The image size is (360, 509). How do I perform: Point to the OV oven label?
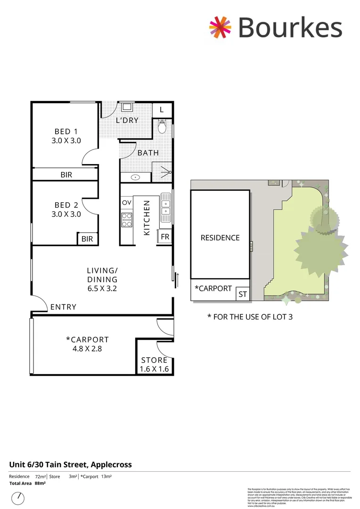pyautogui.click(x=127, y=203)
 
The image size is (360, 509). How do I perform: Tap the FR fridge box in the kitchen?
pyautogui.click(x=165, y=237)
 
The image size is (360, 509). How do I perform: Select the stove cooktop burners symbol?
pyautogui.click(x=127, y=220)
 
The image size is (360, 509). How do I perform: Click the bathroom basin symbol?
pyautogui.click(x=136, y=178)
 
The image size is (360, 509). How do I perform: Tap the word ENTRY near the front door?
pyautogui.click(x=63, y=307)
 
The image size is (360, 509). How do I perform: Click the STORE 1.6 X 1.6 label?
pyautogui.click(x=155, y=365)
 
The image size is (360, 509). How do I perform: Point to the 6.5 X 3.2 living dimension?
pyautogui.click(x=102, y=287)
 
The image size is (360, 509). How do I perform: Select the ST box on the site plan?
pyautogui.click(x=243, y=295)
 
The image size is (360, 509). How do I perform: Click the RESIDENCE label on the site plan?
pyautogui.click(x=220, y=238)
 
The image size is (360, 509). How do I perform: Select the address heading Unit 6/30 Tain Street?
pyautogui.click(x=71, y=465)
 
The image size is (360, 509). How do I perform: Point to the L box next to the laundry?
pyautogui.click(x=162, y=110)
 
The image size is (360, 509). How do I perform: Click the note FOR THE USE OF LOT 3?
pyautogui.click(x=250, y=317)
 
